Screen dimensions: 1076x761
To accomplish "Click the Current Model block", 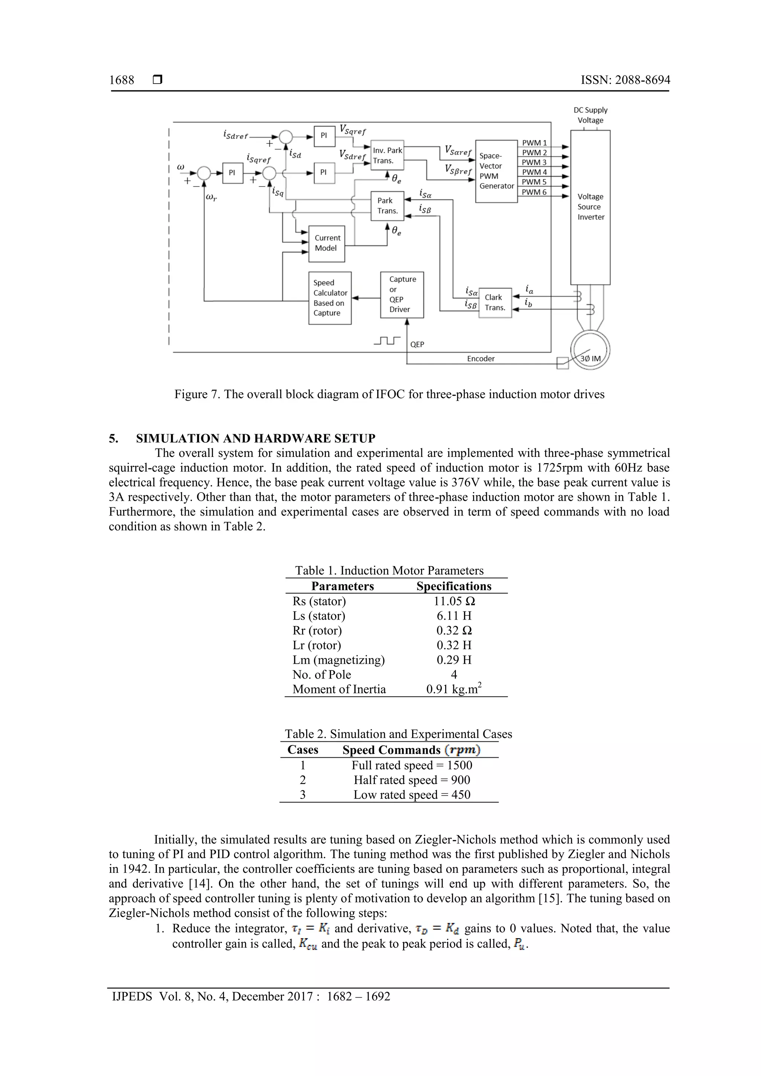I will tap(327, 244).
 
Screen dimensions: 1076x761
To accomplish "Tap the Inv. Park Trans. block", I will tap(387, 156).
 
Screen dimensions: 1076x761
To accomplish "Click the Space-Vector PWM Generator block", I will tap(496, 171).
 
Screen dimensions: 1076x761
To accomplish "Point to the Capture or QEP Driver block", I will tap(402, 294).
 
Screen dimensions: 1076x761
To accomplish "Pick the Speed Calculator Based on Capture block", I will tap(330, 298).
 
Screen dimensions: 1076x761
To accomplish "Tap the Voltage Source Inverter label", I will tap(590, 207).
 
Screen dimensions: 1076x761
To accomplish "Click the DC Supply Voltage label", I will tap(590, 115).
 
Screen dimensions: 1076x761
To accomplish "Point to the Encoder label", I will tap(480, 358).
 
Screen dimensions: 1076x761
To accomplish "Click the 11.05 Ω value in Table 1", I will tap(454, 601).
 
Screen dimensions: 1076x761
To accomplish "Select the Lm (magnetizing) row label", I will tap(339, 660).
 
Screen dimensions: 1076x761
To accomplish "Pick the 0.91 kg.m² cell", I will tap(454, 689).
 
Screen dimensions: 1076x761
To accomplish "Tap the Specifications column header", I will tap(454, 586).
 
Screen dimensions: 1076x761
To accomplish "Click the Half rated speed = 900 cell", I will tap(412, 780).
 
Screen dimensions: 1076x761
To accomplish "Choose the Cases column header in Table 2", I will tap(303, 750).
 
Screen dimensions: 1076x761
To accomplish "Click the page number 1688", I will tap(122, 80).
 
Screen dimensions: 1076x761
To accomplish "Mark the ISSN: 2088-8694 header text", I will tap(625, 80).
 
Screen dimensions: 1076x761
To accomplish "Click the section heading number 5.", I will tap(113, 439).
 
